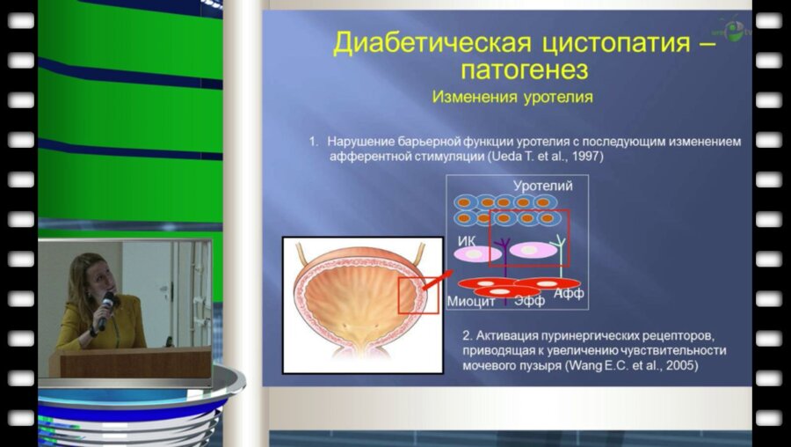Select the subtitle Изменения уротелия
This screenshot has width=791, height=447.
(x=512, y=97)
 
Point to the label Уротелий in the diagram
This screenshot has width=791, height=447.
(x=542, y=186)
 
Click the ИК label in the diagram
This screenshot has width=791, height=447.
(x=467, y=240)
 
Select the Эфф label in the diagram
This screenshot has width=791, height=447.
(x=529, y=301)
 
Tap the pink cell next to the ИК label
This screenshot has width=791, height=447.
(x=475, y=253)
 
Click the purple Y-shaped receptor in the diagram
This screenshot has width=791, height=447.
(x=504, y=245)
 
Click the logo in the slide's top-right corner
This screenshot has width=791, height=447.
(x=732, y=28)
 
